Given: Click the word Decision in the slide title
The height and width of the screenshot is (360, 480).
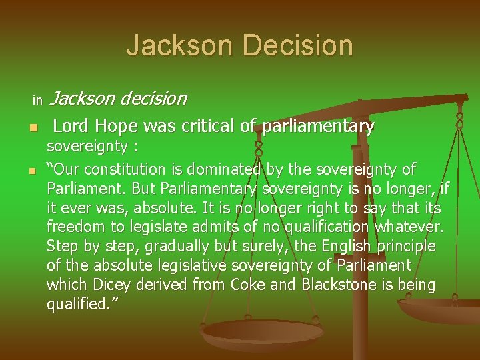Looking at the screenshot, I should pyautogui.click(x=298, y=45).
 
